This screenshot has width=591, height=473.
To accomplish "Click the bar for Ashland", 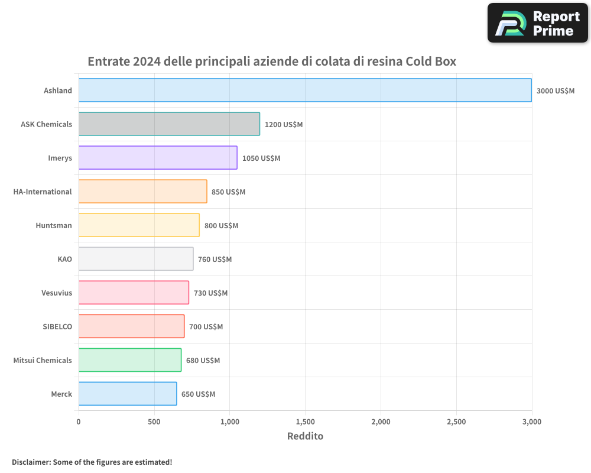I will pos(305,90).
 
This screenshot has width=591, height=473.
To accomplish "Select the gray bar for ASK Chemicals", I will pos(169,124).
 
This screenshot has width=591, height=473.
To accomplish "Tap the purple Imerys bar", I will pos(158,158).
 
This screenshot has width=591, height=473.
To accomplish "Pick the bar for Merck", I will pos(128,394).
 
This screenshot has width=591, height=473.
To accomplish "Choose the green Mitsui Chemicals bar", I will pos(130,360).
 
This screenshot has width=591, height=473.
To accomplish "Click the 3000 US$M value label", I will pos(555,91).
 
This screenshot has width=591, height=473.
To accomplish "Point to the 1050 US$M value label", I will pos(261,158).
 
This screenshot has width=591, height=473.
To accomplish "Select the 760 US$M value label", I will pos(215,260).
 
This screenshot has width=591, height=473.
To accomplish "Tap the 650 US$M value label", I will pos(198,394).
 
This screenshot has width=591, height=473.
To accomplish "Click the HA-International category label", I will pos(43,192).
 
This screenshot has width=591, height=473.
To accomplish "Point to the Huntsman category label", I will pos(54,225).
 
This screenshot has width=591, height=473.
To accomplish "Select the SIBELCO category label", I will pos(57,326).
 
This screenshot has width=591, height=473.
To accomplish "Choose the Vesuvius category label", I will pos(57,293).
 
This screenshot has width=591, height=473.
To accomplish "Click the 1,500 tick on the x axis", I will pos(305,422).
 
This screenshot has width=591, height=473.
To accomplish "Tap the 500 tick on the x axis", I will pos(154,422).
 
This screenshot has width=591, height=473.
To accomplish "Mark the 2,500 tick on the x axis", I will pos(456,422).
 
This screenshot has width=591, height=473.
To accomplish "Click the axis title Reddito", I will pos(305,436).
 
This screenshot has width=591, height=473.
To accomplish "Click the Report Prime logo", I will pos(537,23).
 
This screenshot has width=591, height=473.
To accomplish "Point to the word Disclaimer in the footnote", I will pos(31,462).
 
